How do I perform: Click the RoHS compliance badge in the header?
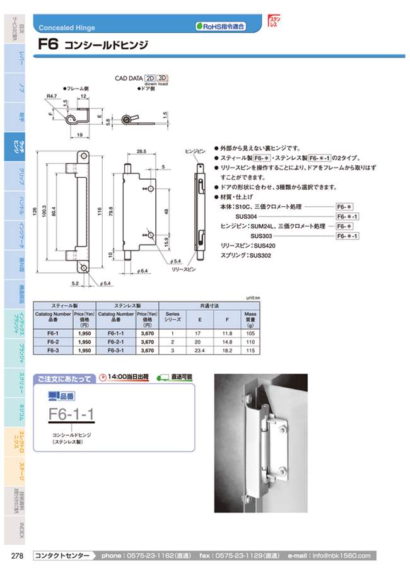point(220,26)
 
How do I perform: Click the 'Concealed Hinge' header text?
point(67,28)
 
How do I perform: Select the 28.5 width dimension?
point(141,152)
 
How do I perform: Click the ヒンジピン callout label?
point(196,152)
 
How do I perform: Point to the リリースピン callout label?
point(185,269)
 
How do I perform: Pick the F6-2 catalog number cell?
point(54,341)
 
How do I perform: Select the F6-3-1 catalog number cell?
point(116,350)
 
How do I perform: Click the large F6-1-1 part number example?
point(71,415)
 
